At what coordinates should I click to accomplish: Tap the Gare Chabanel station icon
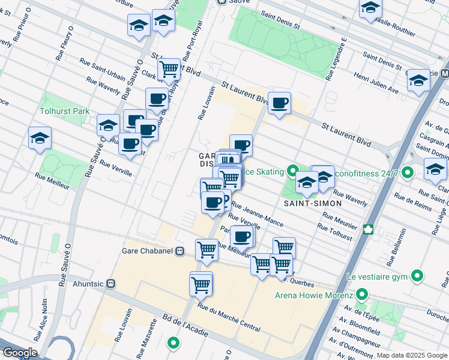click(x=179, y=252)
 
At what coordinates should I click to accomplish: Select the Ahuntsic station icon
click(x=110, y=283)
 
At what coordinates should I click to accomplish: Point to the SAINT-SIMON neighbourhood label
click(x=318, y=203)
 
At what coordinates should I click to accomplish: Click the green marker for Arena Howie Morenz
click(x=361, y=295)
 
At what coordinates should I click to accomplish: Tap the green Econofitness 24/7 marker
click(x=408, y=173)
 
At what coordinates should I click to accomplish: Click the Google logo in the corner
click(x=20, y=353)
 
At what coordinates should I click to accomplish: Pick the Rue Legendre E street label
click(x=336, y=59)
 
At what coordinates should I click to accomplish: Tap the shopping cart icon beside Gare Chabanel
click(x=206, y=248)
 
